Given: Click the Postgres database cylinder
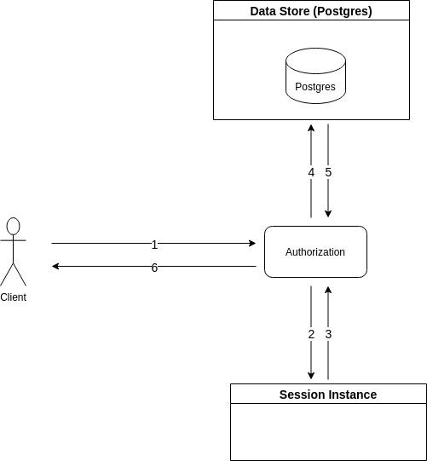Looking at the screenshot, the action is click(315, 76).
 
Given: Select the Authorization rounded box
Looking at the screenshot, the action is click(315, 251).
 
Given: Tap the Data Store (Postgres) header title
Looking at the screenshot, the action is click(311, 11).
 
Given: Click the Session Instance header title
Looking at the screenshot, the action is click(328, 395).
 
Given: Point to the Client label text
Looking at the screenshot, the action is click(14, 297).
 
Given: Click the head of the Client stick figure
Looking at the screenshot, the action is click(14, 226).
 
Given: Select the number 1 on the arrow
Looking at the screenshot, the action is click(154, 245).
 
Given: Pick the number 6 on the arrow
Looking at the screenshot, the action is click(154, 268).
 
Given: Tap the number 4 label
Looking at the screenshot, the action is click(311, 173).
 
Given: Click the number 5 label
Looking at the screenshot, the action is click(328, 173).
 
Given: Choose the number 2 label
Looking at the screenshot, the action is click(311, 334).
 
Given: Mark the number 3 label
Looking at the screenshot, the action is click(328, 334).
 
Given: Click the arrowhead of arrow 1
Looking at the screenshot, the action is click(252, 243).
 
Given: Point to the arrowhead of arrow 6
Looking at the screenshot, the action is click(55, 267).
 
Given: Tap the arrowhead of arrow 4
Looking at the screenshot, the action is click(311, 128).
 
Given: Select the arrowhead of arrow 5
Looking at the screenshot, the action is click(328, 214).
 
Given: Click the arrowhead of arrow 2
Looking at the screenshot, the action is click(311, 376).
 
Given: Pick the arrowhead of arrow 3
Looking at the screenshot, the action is click(328, 290).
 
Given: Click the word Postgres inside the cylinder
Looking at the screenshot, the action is click(315, 87).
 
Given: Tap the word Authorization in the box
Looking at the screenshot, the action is click(315, 252).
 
